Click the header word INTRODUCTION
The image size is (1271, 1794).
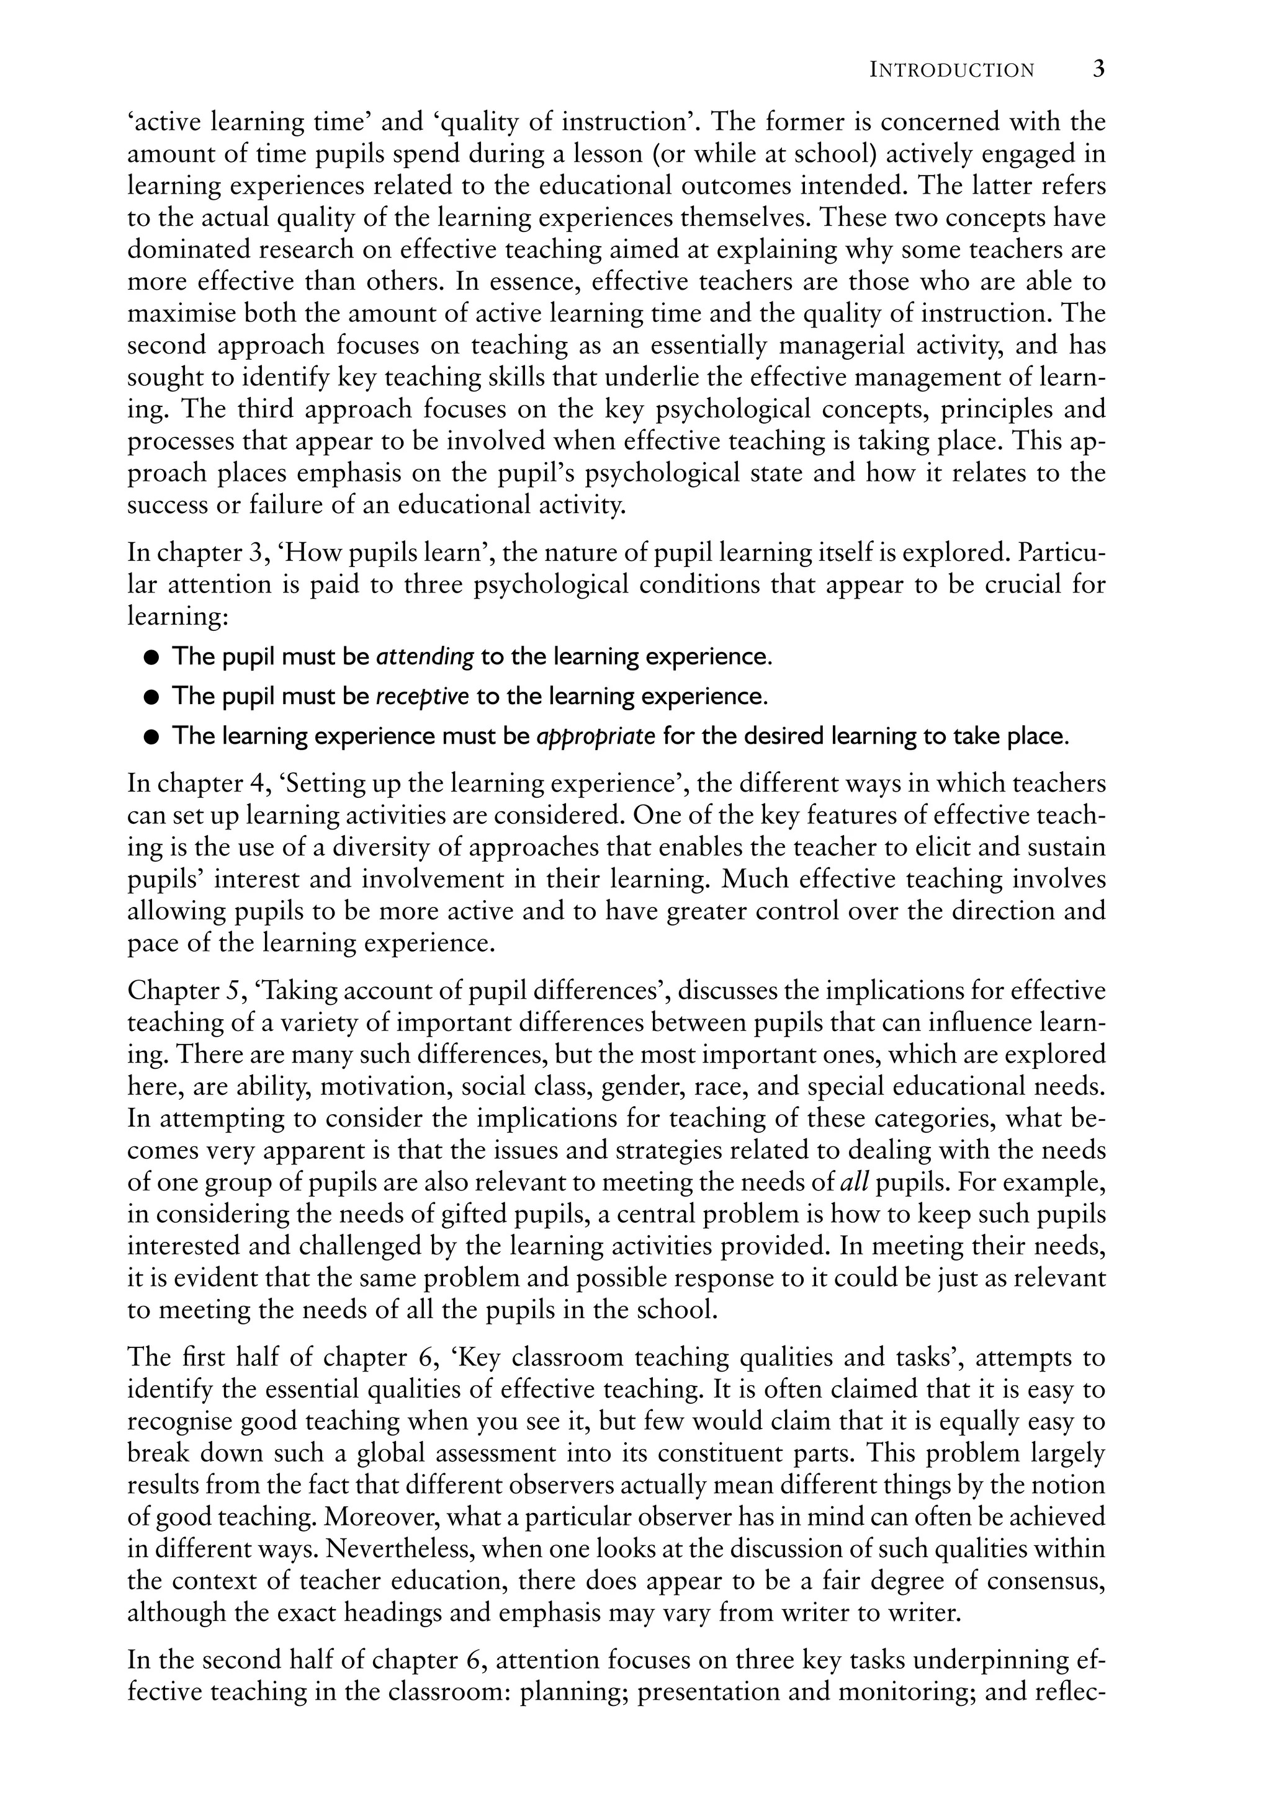pyautogui.click(x=951, y=71)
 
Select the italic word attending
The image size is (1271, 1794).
pyautogui.click(x=425, y=656)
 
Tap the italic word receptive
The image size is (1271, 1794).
pyautogui.click(x=423, y=696)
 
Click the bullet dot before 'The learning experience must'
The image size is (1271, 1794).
pyautogui.click(x=152, y=737)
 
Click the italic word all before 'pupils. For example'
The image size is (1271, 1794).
pyautogui.click(x=855, y=1182)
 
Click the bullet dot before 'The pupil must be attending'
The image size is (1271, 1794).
pyautogui.click(x=152, y=657)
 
